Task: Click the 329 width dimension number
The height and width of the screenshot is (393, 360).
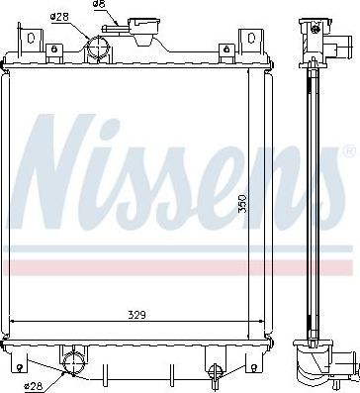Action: [x=136, y=315]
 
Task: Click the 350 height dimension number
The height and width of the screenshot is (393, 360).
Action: [x=242, y=204]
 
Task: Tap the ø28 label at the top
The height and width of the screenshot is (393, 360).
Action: [x=59, y=17]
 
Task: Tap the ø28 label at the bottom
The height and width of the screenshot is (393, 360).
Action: [x=34, y=386]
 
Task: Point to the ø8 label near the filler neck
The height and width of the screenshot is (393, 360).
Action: [x=99, y=4]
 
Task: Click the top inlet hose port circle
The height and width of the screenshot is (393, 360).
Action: [x=98, y=48]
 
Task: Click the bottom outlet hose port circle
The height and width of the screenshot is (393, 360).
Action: [x=74, y=362]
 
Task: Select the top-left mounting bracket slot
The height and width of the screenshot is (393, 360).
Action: [x=31, y=38]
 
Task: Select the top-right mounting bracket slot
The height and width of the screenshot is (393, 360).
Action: [x=251, y=38]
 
